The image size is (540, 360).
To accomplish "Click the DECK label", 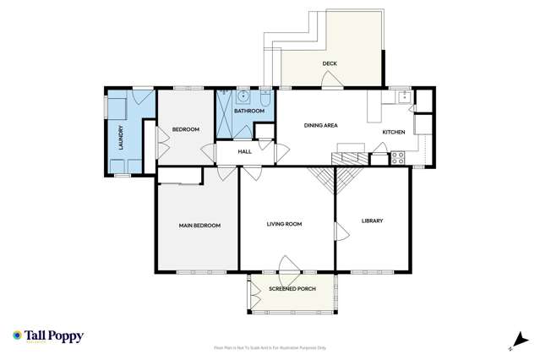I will [330, 63].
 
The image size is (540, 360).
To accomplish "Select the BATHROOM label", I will [248, 112].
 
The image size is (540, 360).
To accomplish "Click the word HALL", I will [245, 151].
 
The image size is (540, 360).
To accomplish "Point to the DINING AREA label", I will [321, 125].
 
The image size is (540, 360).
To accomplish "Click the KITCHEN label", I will [394, 132].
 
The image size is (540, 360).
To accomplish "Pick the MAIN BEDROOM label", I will [199, 226].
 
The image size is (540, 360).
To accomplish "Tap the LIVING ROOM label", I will [285, 224].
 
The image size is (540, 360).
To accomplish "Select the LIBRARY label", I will [372, 221].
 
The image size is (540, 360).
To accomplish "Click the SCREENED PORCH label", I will [292, 289].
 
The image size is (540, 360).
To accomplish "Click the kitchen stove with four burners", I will [399, 157].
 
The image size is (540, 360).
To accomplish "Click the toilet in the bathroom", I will [264, 101].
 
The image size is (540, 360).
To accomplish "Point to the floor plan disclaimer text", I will [270, 347].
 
